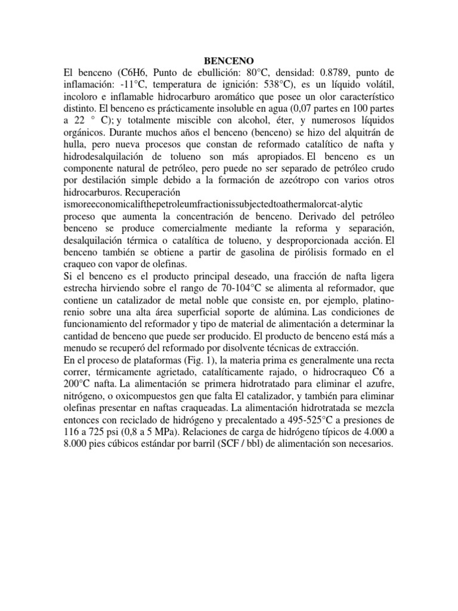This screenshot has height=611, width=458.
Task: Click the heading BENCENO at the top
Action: [x=230, y=60]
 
